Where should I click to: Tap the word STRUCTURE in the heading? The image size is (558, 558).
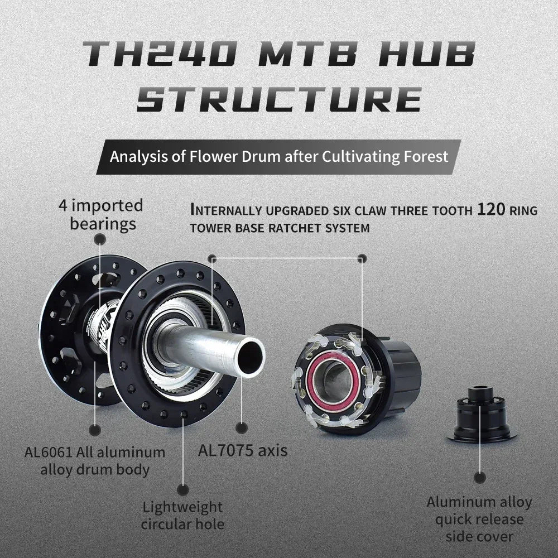pos(279,100)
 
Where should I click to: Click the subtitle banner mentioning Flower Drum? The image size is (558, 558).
pos(279,157)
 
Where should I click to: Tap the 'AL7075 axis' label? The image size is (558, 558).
pos(243,450)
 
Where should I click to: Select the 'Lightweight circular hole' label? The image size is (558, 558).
pos(182,516)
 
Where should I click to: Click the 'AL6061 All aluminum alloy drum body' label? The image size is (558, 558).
pos(95,460)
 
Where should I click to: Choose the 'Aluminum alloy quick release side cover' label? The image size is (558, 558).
pos(479,519)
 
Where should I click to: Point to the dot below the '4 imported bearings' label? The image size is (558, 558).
pos(100,239)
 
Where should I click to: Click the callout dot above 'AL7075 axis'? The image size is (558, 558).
pos(242,428)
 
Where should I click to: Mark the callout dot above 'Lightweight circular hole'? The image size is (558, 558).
pos(182,490)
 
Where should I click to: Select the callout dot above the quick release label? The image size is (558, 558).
pos(479,477)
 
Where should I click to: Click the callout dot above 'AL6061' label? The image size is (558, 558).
pos(95,430)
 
